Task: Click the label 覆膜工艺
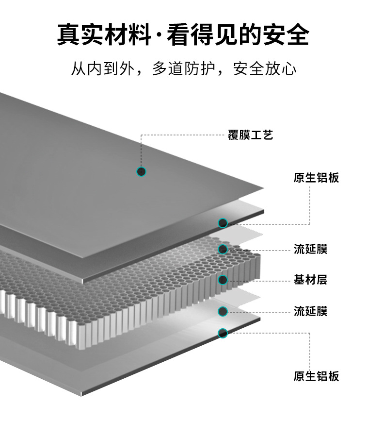(250, 135)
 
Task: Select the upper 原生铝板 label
(316, 177)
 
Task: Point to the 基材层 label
(310, 280)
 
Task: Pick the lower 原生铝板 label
(316, 376)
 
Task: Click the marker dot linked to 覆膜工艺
(141, 171)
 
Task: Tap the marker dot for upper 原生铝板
(223, 223)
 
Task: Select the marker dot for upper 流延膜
(223, 249)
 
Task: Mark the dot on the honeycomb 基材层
(223, 280)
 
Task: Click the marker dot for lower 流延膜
(223, 311)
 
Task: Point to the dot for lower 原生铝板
(223, 333)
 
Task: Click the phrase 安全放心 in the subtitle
(265, 69)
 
